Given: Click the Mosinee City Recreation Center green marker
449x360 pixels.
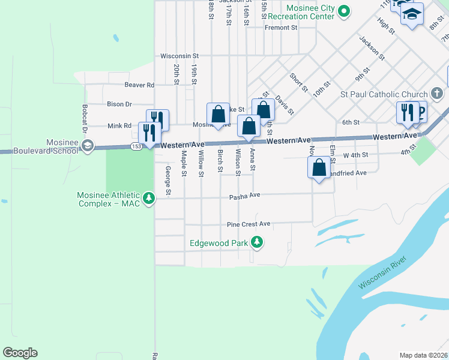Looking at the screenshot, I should (344, 11).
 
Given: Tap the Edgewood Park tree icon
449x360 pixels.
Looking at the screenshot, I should (257, 242).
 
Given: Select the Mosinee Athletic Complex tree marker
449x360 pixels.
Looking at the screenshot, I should (149, 197).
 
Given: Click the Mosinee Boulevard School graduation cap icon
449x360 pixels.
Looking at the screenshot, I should (87, 146).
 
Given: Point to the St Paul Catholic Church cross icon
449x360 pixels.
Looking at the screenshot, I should (437, 94).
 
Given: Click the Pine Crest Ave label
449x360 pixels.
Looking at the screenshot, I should (249, 224).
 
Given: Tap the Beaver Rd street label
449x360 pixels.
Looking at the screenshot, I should (139, 85).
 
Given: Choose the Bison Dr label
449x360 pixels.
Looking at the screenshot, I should (119, 104).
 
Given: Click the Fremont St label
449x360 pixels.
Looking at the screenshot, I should (281, 28).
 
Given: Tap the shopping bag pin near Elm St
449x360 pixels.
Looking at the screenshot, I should (319, 168).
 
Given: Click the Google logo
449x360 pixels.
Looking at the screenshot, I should (20, 353).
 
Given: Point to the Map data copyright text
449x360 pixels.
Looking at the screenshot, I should (424, 355).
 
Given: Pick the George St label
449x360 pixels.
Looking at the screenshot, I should (168, 180).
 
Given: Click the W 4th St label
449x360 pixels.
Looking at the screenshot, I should (354, 155).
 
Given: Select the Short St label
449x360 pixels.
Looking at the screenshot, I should (298, 82).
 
